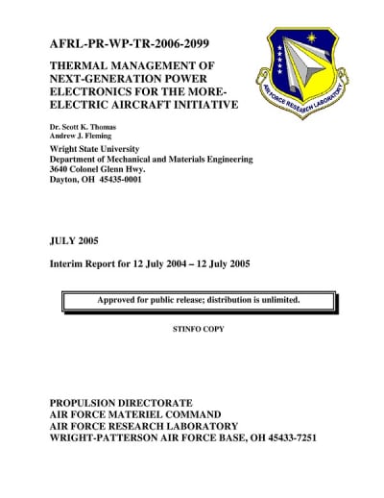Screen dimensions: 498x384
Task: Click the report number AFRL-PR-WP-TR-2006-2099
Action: [x=129, y=44]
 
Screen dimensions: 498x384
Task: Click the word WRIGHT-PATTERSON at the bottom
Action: [x=99, y=438]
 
